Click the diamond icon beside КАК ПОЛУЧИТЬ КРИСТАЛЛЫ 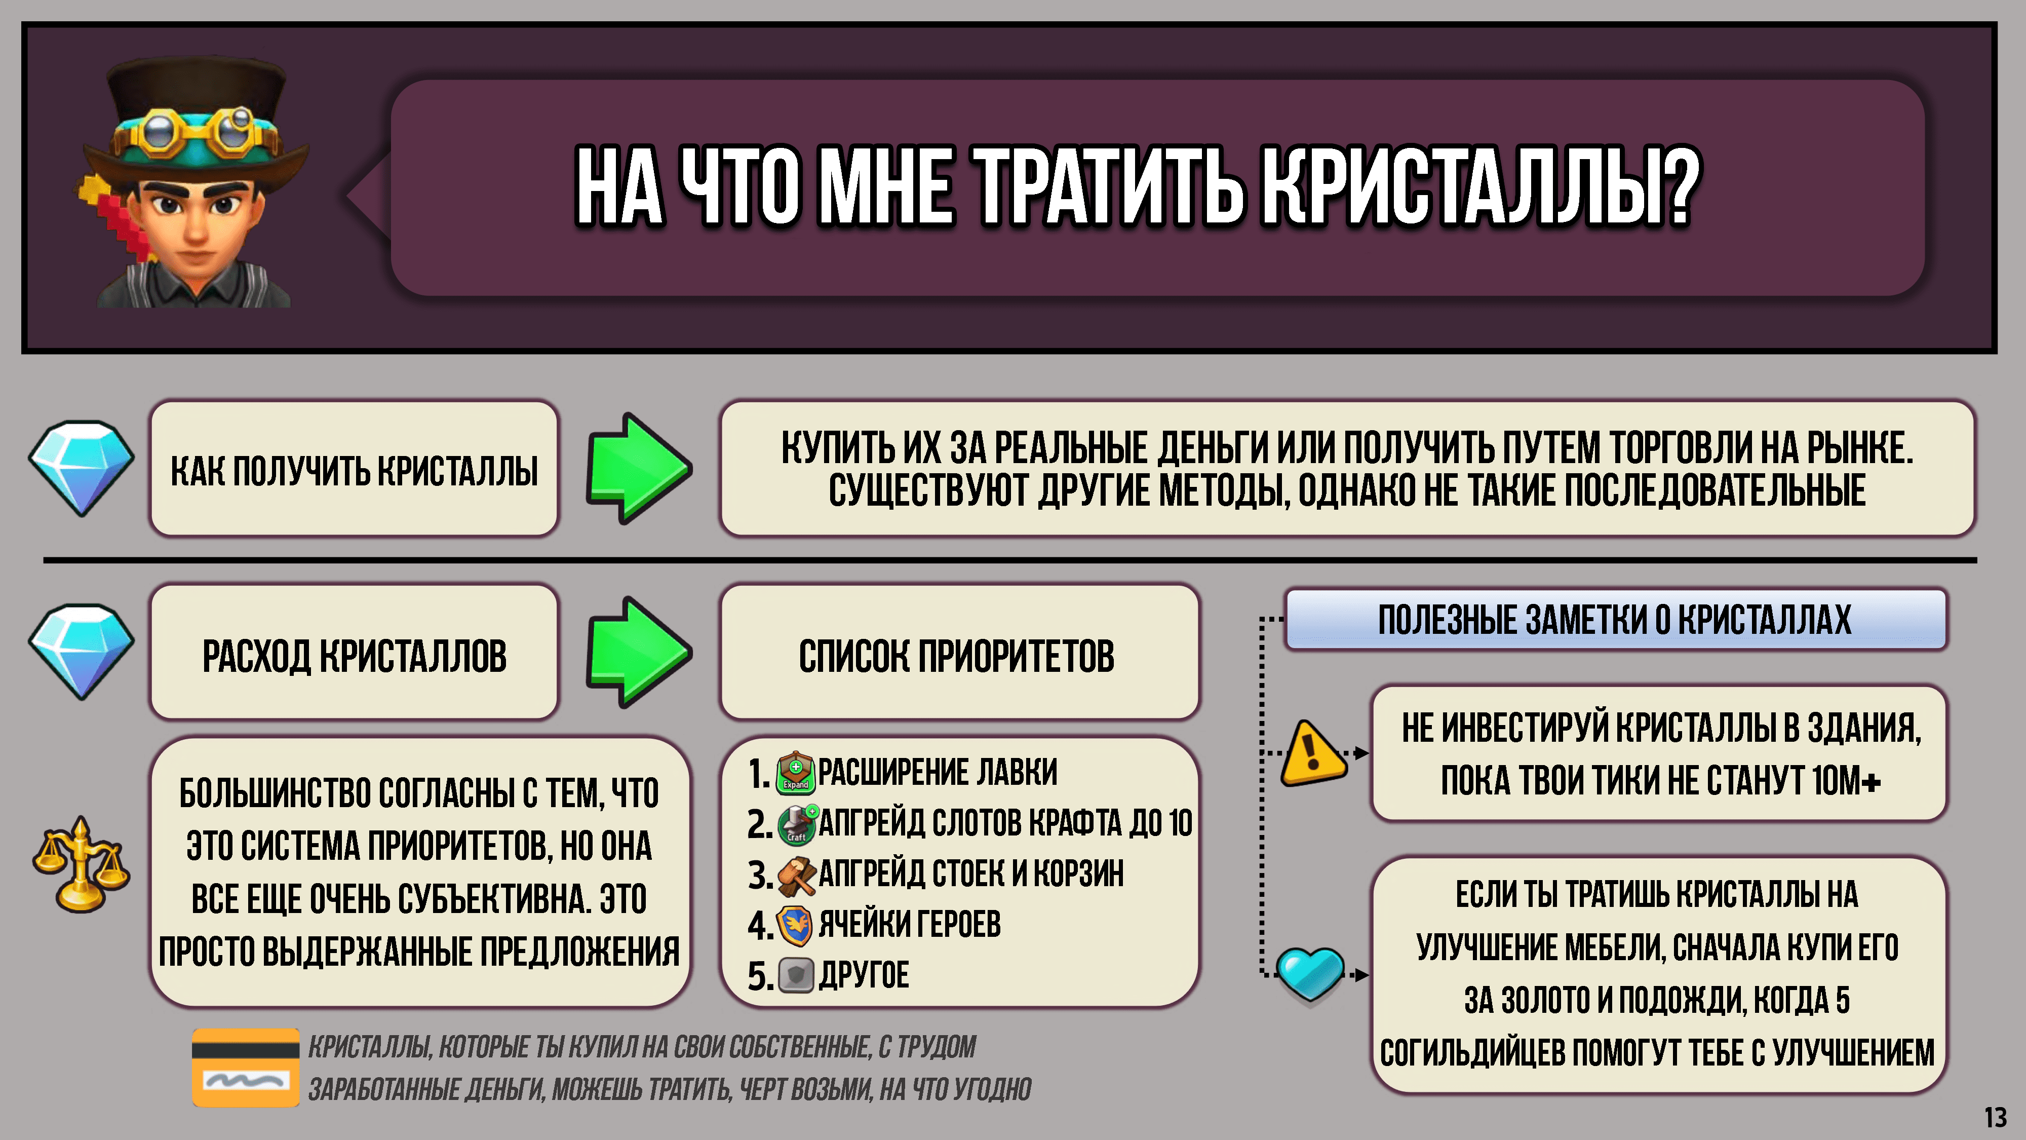click(81, 468)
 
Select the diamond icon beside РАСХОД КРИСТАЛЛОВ click(81, 652)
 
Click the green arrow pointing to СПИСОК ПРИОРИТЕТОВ click(639, 652)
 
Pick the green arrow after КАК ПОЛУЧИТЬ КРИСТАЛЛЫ click(639, 468)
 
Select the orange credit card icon click(245, 1067)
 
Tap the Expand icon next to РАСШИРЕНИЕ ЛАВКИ click(795, 772)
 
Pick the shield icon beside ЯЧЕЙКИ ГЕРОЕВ click(794, 925)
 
